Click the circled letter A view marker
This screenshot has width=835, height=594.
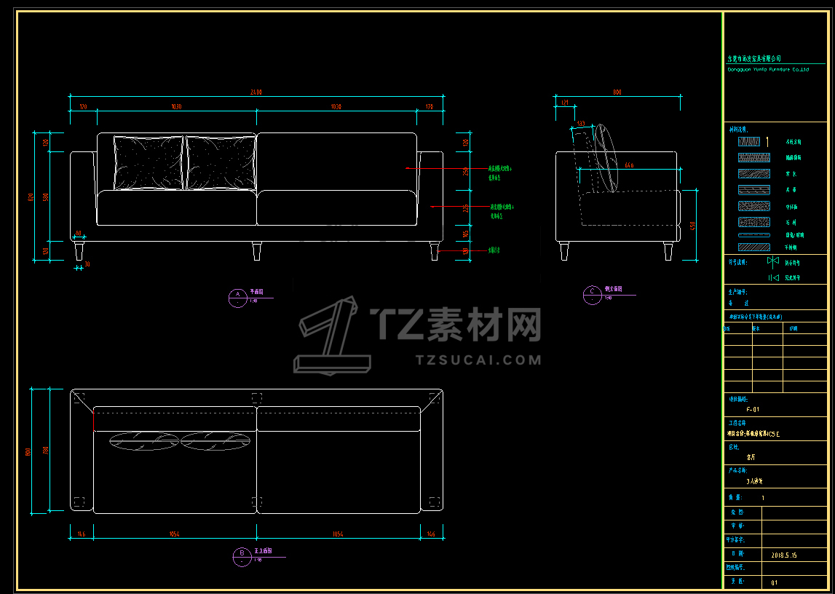pyautogui.click(x=237, y=296)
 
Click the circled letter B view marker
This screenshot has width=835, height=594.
pyautogui.click(x=241, y=557)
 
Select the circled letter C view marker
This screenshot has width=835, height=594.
pyautogui.click(x=593, y=294)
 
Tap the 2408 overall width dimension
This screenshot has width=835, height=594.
pyautogui.click(x=256, y=92)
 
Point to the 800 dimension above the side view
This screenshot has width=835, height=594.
pyautogui.click(x=617, y=92)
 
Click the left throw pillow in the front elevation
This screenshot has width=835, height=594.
pyautogui.click(x=149, y=163)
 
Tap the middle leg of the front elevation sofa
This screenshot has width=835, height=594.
pyautogui.click(x=256, y=251)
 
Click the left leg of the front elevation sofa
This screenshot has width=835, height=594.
pyautogui.click(x=79, y=252)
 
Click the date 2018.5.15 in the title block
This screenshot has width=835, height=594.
pyautogui.click(x=783, y=555)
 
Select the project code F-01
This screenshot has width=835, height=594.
pyautogui.click(x=753, y=410)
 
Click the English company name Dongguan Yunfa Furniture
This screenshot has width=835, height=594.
pyautogui.click(x=768, y=70)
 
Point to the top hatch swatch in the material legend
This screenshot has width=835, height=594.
pyautogui.click(x=749, y=142)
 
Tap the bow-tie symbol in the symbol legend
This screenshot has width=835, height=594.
pyautogui.click(x=772, y=261)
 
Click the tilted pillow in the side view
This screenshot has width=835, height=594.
pyautogui.click(x=606, y=158)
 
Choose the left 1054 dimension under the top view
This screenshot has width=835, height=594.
pyautogui.click(x=175, y=534)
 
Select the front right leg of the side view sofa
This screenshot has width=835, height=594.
pyautogui.click(x=668, y=251)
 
